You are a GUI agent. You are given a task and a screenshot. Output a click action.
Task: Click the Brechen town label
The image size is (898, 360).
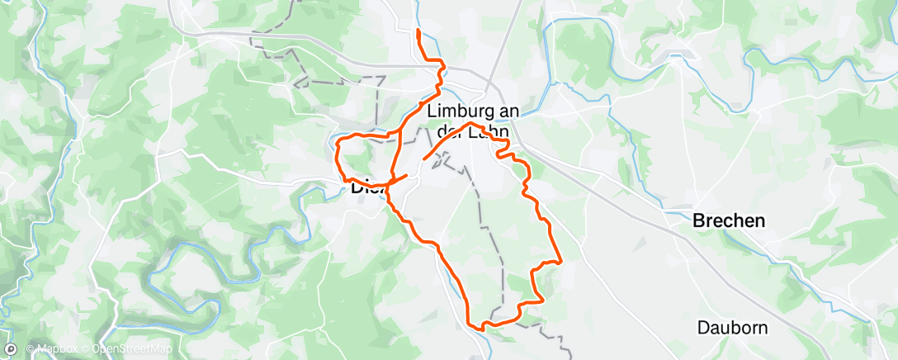[729, 221]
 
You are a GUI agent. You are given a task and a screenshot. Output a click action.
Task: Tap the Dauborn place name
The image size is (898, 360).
[733, 328]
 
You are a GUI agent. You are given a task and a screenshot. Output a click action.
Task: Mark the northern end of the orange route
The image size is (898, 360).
[418, 31]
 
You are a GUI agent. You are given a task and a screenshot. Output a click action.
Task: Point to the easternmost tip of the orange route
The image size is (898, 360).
[561, 262]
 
